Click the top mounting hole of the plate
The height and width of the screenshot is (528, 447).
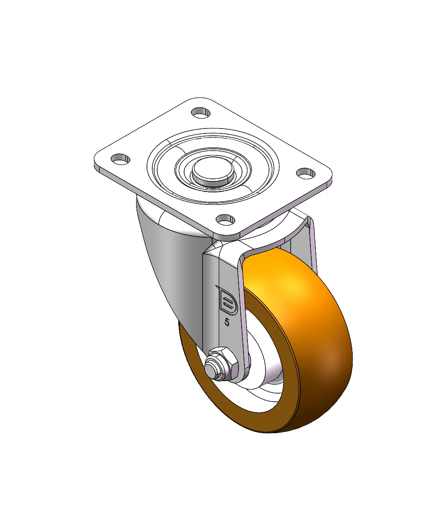(201, 112)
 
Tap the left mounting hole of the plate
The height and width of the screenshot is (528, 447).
(120, 159)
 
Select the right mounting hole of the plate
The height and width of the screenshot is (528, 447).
(305, 173)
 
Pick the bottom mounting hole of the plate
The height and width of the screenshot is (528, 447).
(226, 220)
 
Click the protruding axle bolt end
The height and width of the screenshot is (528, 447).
(210, 368)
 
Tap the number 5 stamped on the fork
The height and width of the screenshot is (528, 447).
(227, 322)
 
